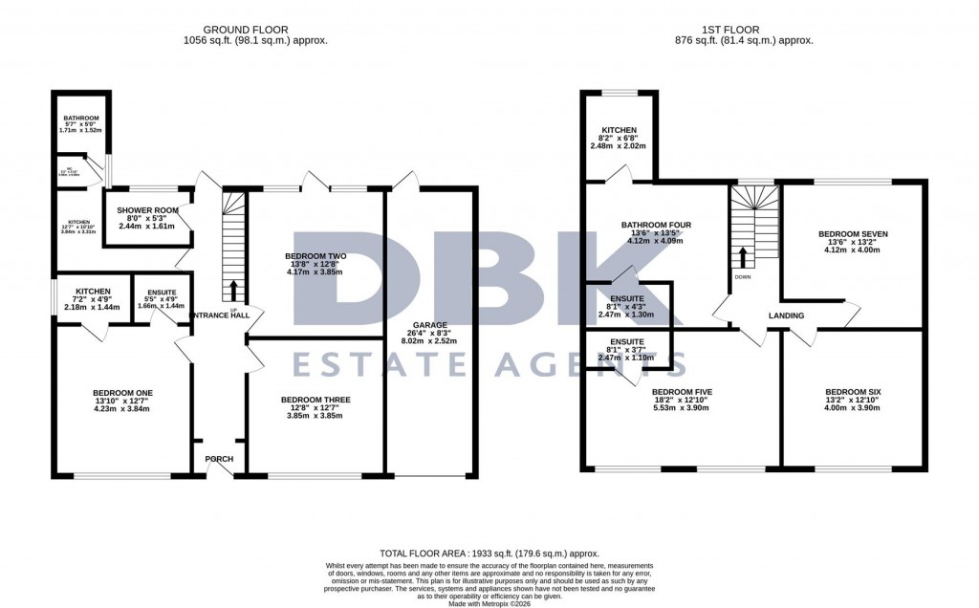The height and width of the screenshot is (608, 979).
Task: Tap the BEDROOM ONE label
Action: click(122, 392)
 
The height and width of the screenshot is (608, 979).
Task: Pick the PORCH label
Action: click(220, 459)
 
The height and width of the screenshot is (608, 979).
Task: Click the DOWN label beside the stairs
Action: click(741, 277)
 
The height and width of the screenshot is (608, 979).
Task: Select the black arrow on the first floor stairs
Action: click(741, 255)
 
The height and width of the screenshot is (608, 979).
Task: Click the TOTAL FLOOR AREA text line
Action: click(489, 554)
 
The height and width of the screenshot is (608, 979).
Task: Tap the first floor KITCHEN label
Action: click(619, 131)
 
